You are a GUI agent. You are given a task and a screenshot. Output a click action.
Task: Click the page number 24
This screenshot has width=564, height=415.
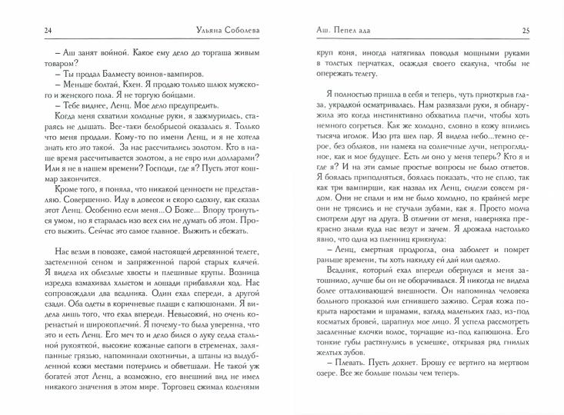[x=28, y=30]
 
